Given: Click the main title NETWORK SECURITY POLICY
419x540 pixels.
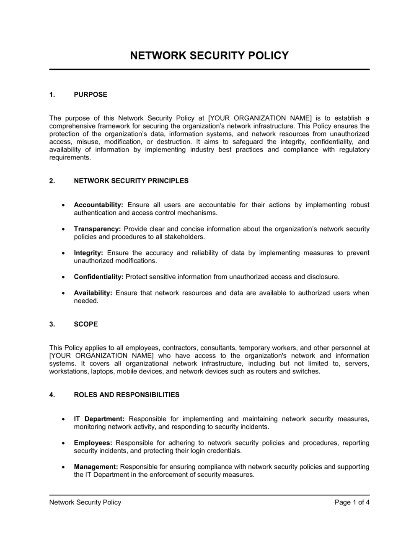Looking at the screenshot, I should coord(209,56).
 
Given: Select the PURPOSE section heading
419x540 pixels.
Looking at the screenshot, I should coord(91,95).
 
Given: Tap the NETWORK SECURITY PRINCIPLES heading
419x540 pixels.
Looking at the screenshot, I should coord(131,181).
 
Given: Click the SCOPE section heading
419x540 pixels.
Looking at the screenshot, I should coord(86,324).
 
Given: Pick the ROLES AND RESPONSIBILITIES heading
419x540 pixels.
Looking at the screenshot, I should coord(127,395).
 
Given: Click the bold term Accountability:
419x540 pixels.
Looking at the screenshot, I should coord(98,205).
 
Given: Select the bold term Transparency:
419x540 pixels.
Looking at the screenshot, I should coord(97,229).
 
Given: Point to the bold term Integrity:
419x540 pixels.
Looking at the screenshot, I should coord(88,253).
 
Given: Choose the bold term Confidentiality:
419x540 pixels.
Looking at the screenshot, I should coord(98,277).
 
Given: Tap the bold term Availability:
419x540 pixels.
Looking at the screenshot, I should coord(93,293).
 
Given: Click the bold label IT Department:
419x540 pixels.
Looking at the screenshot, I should coord(99,419).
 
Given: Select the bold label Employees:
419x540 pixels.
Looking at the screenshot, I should coord(93,443).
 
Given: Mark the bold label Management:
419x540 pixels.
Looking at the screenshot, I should coord(96,467).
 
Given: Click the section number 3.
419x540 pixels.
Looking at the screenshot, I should coord(52,324).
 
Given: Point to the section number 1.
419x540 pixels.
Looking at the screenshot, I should coord(52,95).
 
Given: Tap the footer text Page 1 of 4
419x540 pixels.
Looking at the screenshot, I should coord(352,502).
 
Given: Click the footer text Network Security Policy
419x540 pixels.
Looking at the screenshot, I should coord(85,502).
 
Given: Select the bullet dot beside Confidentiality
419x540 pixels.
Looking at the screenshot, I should coord(63,277).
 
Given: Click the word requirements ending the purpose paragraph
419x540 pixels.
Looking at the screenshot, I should coord(70,158).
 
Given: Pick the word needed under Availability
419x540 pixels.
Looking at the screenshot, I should coord(86,301).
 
